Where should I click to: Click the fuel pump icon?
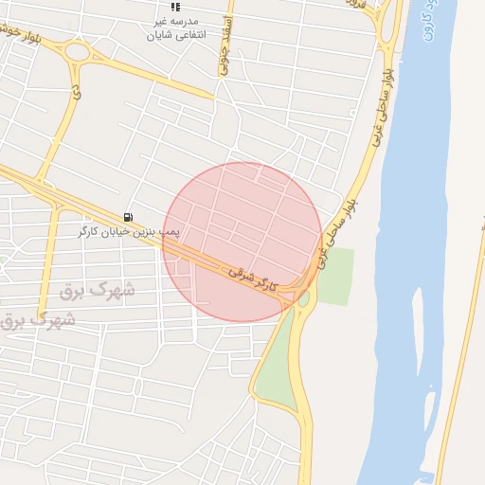pos(128,217)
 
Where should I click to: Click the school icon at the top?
pos(174,7)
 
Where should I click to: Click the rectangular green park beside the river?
pos(333,275)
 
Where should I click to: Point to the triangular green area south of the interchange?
pos(275,365)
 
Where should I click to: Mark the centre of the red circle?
pos(242,242)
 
